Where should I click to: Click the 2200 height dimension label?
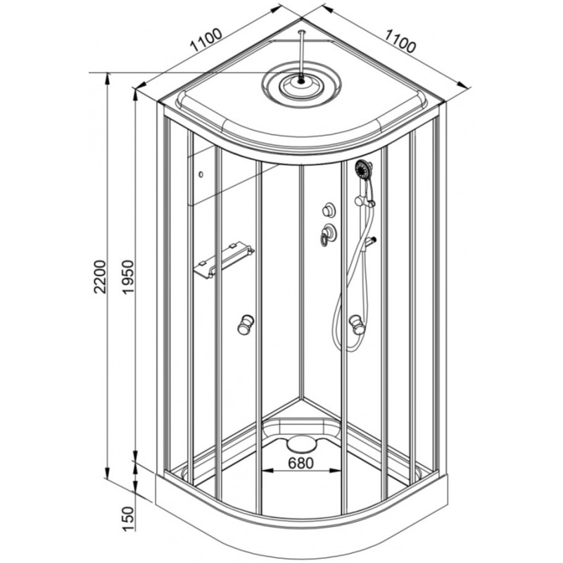[100, 277]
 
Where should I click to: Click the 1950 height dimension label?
[128, 277]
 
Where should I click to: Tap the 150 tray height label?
[128, 519]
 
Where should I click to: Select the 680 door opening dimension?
[301, 463]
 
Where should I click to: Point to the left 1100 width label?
[206, 39]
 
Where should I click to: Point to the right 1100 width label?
[400, 41]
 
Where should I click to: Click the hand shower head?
[363, 170]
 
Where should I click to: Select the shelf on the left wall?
[224, 260]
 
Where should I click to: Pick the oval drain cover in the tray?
[302, 444]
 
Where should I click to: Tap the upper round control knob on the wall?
[328, 210]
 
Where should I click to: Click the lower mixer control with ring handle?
[327, 234]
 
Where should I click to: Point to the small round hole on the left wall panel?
[201, 175]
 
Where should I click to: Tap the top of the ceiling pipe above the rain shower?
[301, 32]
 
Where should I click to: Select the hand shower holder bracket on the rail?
[365, 201]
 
